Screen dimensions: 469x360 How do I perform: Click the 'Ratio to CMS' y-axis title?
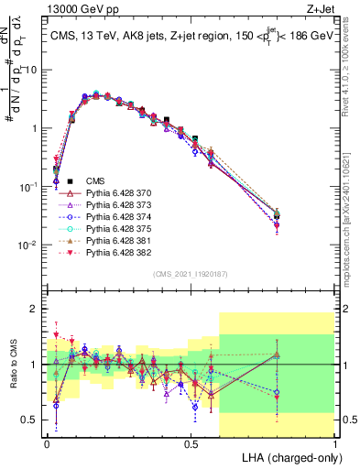point(13,365)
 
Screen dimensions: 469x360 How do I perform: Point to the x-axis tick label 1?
point(334,442)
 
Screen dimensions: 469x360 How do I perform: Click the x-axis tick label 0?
point(47,442)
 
